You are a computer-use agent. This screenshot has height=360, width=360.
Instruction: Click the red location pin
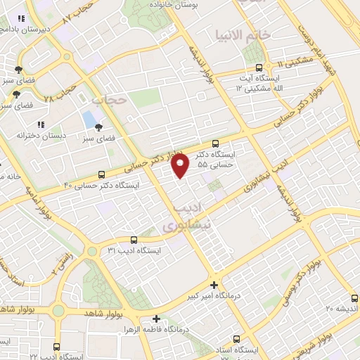pos(181,166)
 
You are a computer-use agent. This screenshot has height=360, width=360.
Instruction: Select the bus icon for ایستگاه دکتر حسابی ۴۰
pos(102,174)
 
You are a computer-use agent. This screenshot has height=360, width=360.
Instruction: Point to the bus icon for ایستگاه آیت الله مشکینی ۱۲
pos(259,68)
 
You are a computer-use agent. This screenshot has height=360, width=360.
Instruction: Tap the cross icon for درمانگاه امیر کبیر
pos(214,285)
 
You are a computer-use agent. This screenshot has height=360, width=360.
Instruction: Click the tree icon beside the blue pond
pos(98,127)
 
